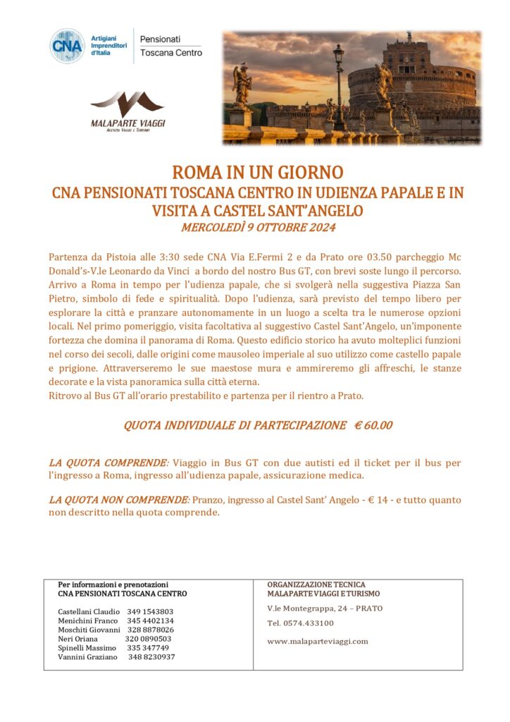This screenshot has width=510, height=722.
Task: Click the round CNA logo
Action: (68, 46)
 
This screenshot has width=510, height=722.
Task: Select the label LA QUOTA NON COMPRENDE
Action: (118, 500)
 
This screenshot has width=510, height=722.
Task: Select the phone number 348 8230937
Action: (151, 657)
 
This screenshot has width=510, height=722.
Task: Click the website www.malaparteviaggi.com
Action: (318, 641)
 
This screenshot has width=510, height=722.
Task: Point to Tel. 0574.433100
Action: (301, 623)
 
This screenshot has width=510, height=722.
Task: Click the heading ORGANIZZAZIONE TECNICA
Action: (316, 585)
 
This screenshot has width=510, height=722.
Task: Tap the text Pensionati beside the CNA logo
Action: (161, 38)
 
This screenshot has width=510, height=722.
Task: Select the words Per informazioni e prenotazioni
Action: (113, 585)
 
